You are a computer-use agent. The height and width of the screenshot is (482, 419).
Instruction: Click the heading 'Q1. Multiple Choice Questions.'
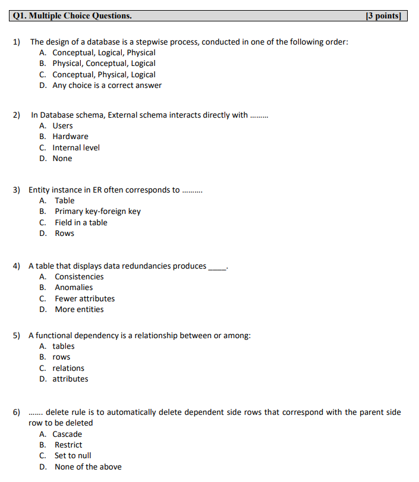[72, 15]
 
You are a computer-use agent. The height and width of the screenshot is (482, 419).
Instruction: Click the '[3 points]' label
[384, 15]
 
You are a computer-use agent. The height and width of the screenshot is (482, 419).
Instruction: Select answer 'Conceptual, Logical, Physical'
[103, 53]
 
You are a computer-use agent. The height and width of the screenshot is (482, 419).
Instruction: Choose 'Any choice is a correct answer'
[107, 86]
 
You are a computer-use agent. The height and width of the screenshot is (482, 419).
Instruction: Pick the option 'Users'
[62, 126]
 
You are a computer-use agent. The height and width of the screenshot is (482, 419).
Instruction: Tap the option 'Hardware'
[70, 137]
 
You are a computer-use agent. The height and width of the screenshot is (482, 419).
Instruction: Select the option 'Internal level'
[76, 148]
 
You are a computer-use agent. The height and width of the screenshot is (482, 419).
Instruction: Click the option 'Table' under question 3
[64, 201]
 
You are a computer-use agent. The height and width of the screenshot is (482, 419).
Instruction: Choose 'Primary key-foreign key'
[97, 212]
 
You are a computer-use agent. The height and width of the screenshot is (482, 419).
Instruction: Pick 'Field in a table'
[81, 223]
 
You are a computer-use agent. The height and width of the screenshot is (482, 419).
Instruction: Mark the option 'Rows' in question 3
[64, 234]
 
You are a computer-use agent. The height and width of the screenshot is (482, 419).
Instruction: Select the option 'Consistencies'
[79, 277]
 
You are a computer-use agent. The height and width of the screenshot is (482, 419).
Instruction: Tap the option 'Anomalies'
[74, 288]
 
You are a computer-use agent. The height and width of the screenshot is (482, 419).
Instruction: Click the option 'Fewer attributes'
[84, 299]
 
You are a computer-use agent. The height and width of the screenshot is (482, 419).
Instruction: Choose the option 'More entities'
[79, 310]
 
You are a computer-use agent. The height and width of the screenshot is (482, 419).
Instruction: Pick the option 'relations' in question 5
[68, 368]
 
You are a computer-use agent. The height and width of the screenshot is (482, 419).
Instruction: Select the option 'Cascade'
[67, 434]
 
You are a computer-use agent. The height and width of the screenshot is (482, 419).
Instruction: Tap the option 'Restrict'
[68, 445]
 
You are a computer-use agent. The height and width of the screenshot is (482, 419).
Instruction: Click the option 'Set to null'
[73, 456]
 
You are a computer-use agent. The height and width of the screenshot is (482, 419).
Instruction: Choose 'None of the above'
[88, 467]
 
